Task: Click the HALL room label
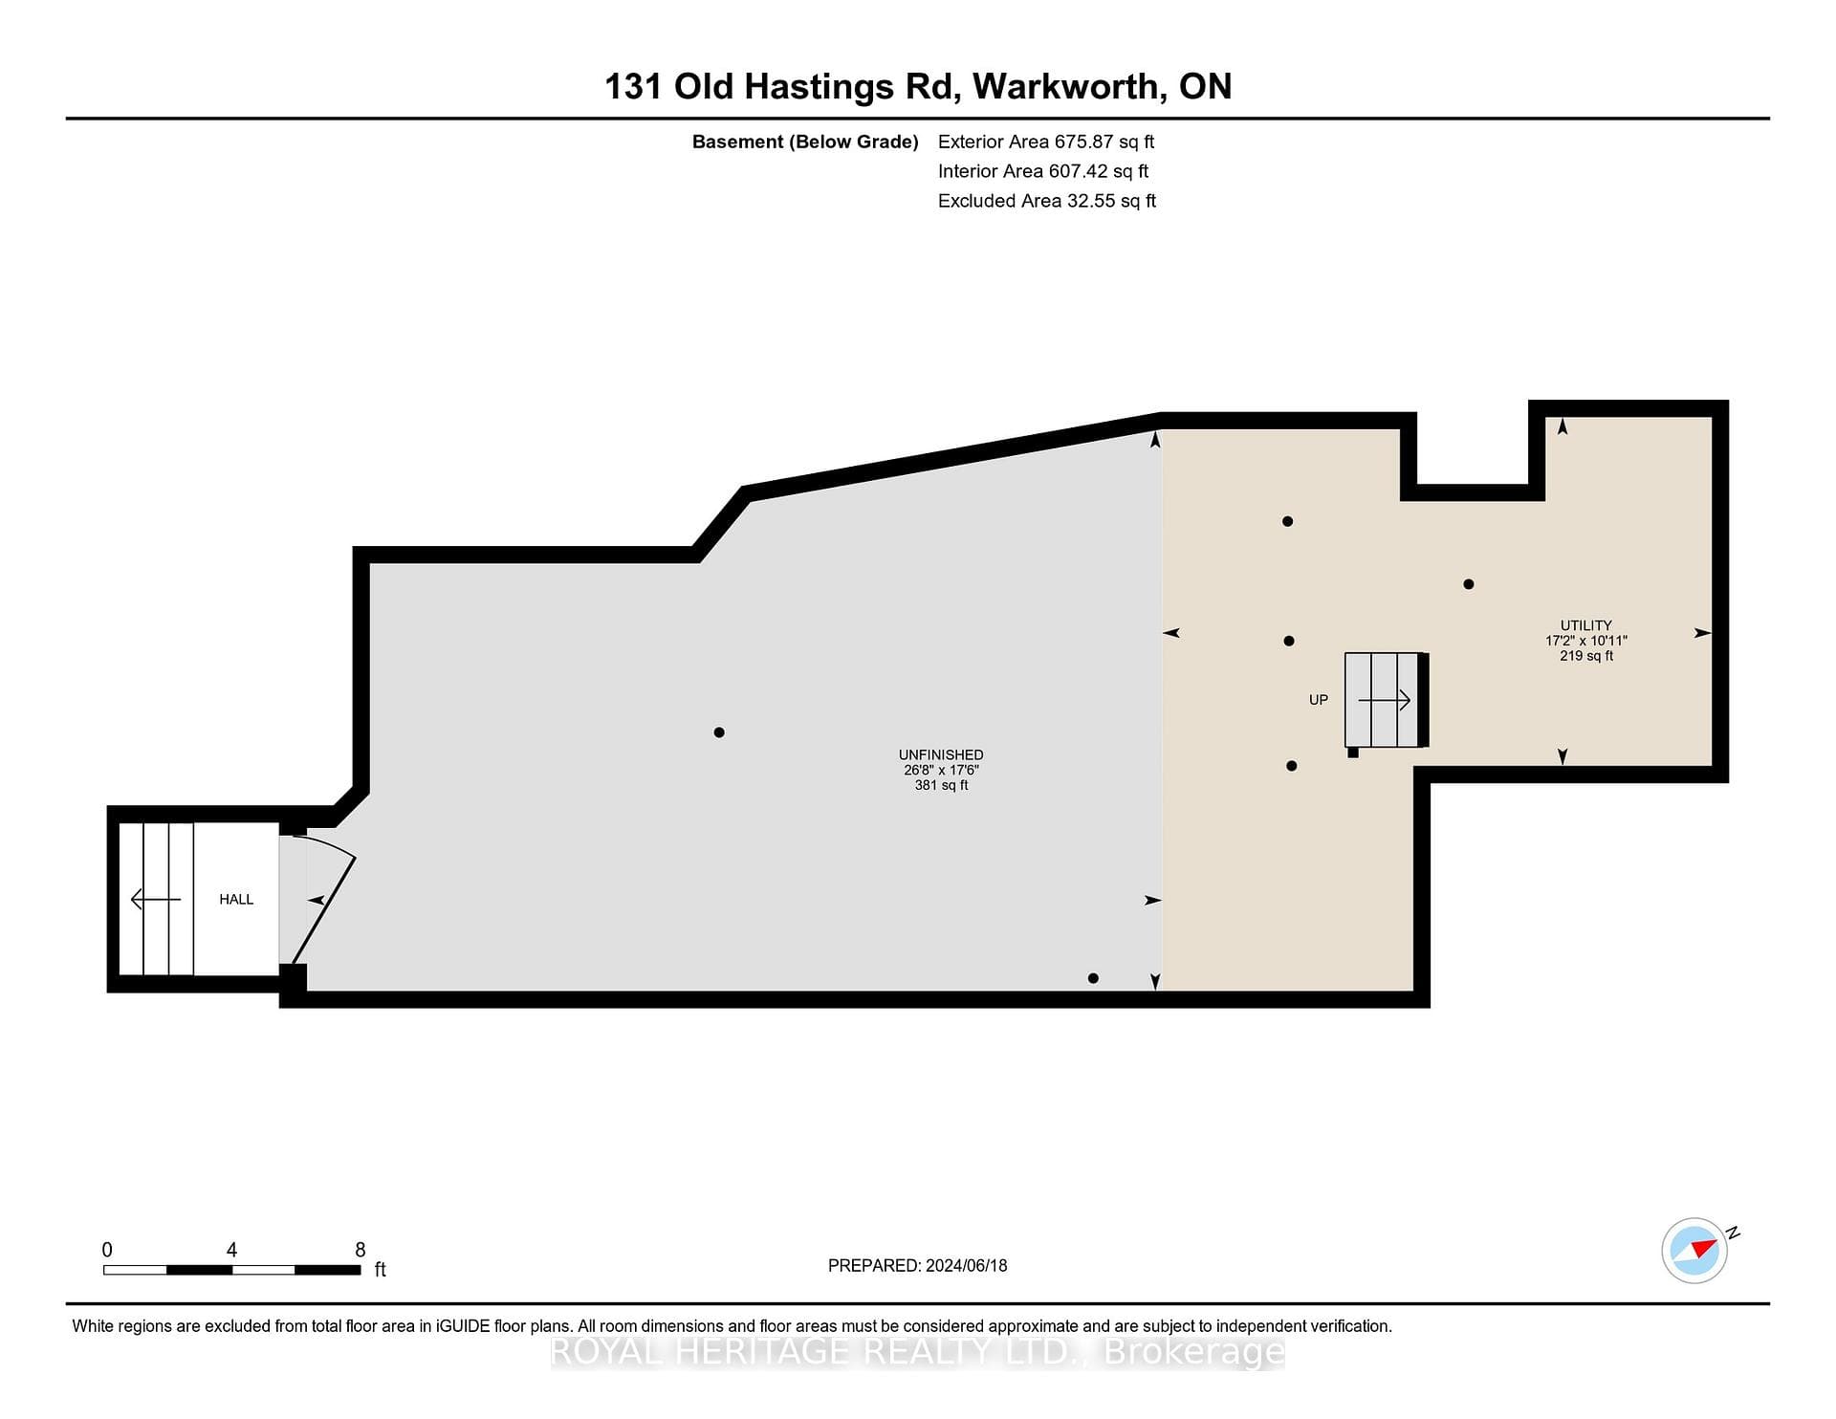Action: pos(236,899)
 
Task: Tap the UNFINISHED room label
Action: pos(941,754)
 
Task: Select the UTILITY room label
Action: pos(1586,625)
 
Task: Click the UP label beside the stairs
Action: pos(1319,700)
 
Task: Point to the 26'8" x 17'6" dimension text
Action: pos(941,770)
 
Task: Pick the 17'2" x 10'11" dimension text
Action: pos(1586,641)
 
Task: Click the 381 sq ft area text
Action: pos(941,785)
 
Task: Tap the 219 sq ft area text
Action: pos(1586,656)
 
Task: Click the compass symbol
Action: pos(1695,1250)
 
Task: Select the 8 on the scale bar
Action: pos(361,1250)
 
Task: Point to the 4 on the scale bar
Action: pos(231,1250)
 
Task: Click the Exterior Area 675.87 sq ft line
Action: pos(1046,142)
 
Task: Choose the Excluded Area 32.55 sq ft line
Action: pos(1047,201)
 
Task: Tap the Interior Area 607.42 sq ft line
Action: pos(1043,171)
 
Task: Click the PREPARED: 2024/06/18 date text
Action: pos(918,1265)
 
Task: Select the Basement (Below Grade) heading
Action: pos(805,142)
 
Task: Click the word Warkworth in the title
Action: pos(1069,86)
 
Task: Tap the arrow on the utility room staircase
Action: pos(1385,700)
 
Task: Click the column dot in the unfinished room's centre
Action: pos(719,732)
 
